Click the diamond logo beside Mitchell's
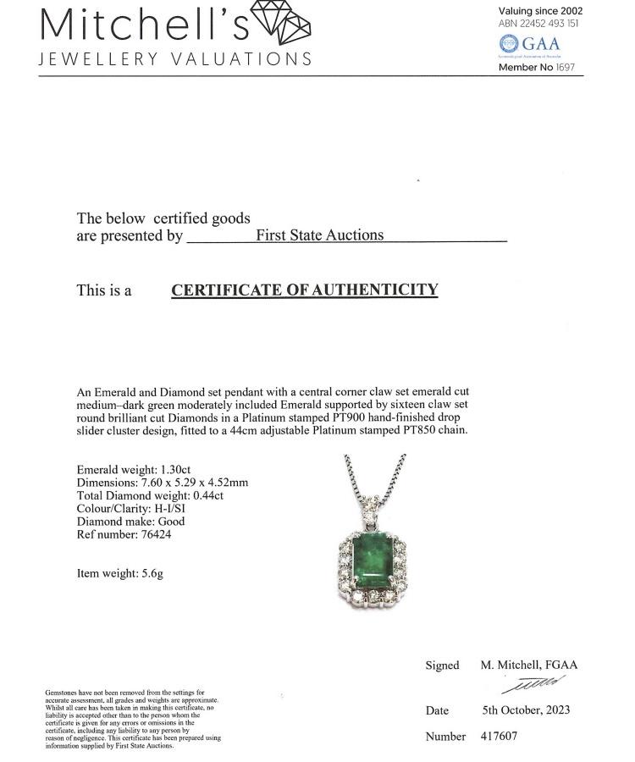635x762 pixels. tap(283, 22)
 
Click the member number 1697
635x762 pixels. tap(566, 67)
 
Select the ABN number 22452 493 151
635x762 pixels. tap(550, 24)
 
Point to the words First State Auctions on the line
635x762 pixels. tap(319, 235)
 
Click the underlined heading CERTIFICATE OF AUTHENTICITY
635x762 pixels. tap(305, 290)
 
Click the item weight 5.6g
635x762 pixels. tap(149, 573)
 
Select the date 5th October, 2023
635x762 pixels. tap(526, 710)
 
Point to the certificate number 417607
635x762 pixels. tap(499, 737)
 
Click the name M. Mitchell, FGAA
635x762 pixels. tap(528, 665)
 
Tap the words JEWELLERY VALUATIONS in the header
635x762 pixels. tap(175, 59)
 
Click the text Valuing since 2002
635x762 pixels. tap(540, 11)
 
